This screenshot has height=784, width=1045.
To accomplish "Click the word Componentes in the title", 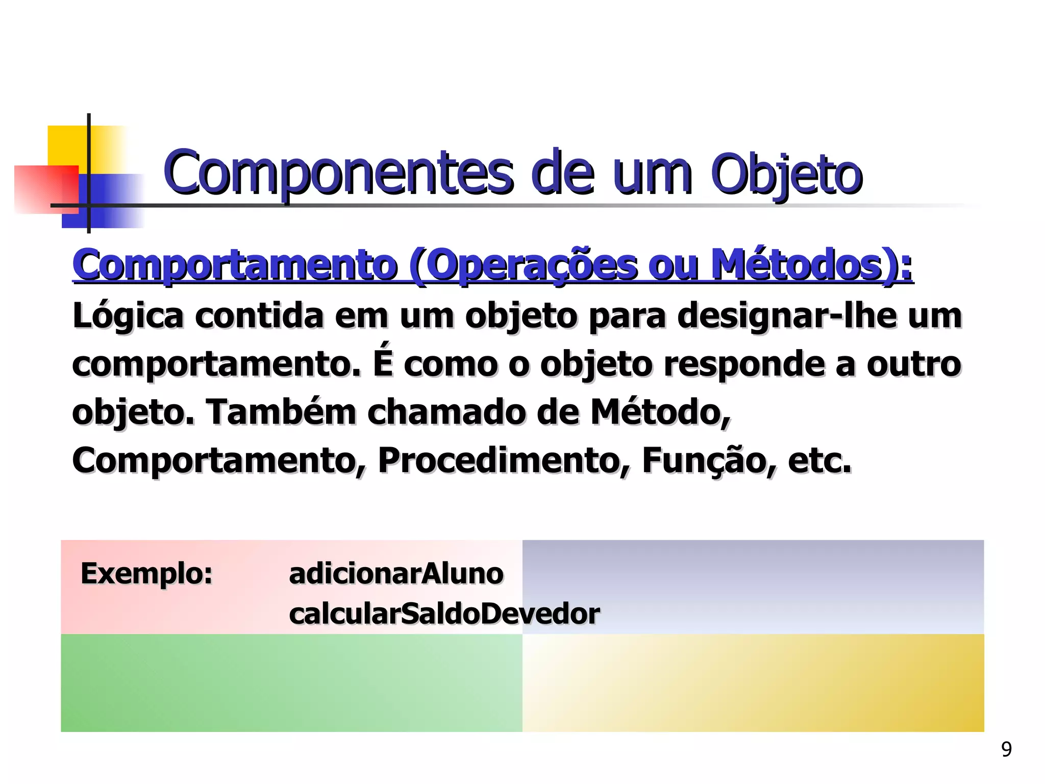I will pyautogui.click(x=337, y=174).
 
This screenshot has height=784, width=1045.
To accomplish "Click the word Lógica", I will pyautogui.click(x=128, y=316).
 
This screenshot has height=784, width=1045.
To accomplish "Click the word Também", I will pyautogui.click(x=280, y=412).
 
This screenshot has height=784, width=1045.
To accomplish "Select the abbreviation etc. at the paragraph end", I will pyautogui.click(x=819, y=460).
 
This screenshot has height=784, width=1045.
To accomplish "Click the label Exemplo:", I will pyautogui.click(x=146, y=574).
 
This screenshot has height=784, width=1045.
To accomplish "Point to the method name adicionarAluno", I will pyautogui.click(x=396, y=574).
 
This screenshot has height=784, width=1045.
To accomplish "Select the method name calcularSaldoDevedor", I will pyautogui.click(x=444, y=614).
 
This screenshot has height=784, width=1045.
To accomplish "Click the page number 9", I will pyautogui.click(x=1006, y=749).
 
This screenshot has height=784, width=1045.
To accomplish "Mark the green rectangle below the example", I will pyautogui.click(x=291, y=683).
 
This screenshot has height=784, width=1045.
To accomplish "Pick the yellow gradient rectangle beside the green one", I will pyautogui.click(x=753, y=683).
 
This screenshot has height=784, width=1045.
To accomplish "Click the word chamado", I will pyautogui.click(x=446, y=412).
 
